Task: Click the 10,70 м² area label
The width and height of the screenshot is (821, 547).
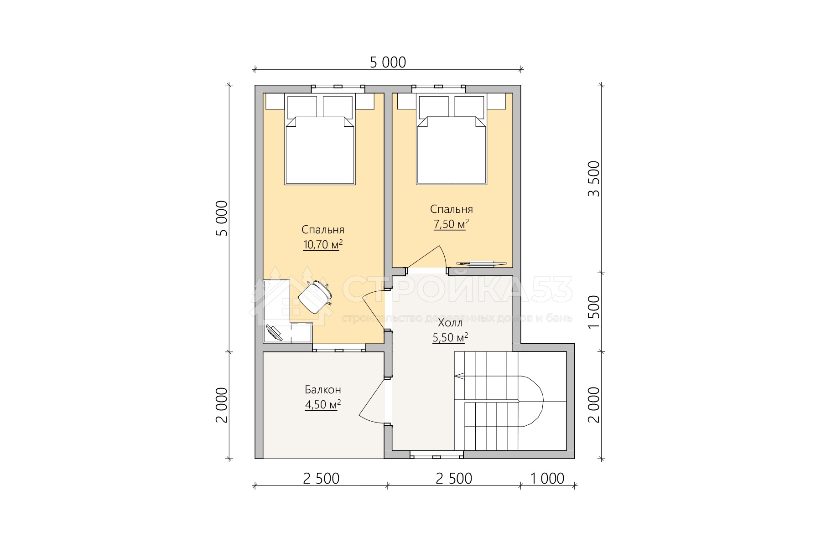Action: click(x=322, y=245)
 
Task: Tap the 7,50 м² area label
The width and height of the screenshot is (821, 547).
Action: click(x=451, y=224)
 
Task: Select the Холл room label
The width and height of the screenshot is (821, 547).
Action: click(x=450, y=323)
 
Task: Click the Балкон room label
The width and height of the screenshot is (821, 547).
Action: click(x=323, y=390)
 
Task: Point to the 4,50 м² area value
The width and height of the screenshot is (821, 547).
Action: click(x=323, y=405)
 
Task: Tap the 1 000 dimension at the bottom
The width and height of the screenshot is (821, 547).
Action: click(x=547, y=479)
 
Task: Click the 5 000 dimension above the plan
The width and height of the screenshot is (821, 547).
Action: click(x=388, y=62)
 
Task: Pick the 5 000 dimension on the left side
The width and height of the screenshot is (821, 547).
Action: click(x=221, y=218)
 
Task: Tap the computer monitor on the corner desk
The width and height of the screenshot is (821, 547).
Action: click(x=274, y=333)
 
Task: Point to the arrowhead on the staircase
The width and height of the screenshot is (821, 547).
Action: click(x=459, y=377)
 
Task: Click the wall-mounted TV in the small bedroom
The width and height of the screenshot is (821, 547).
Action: click(x=482, y=263)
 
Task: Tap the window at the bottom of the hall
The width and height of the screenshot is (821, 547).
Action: click(x=436, y=454)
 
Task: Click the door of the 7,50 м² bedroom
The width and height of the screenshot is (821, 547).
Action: click(x=426, y=257)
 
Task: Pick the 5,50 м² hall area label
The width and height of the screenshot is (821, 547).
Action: click(x=450, y=338)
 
